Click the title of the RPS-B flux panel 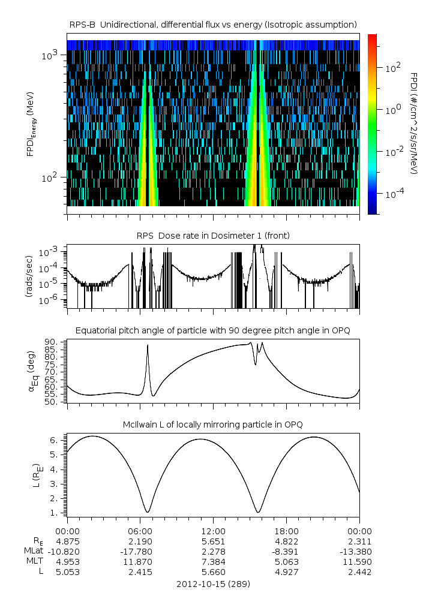coord(213,24)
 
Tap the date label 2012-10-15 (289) coord(213,583)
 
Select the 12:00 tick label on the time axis coord(213,531)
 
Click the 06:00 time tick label coord(140,531)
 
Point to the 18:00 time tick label coord(286,531)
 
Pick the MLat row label coord(32,551)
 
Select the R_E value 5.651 coord(213,541)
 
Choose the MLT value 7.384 coord(213,562)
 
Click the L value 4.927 coord(286,572)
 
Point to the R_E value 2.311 coord(359,541)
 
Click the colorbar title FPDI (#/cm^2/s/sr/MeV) coord(414,124)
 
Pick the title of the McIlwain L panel coord(213,425)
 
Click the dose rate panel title coord(213,236)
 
